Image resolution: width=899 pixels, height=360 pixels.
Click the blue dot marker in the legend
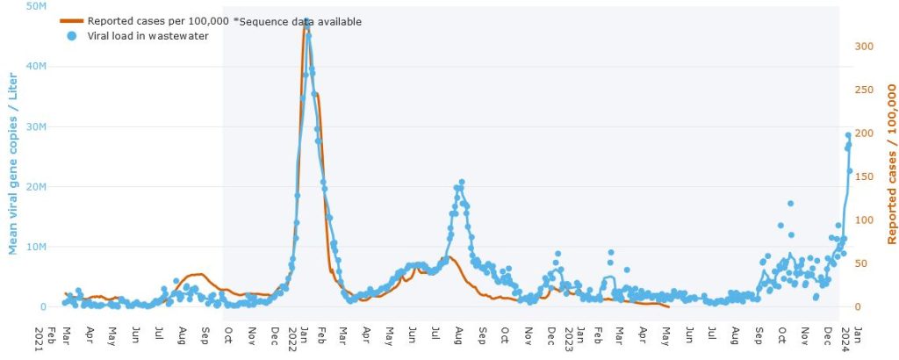tap(71, 35)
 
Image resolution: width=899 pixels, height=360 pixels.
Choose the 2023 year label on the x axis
tap(570, 338)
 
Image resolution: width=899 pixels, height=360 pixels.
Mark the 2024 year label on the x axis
tap(845, 338)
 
